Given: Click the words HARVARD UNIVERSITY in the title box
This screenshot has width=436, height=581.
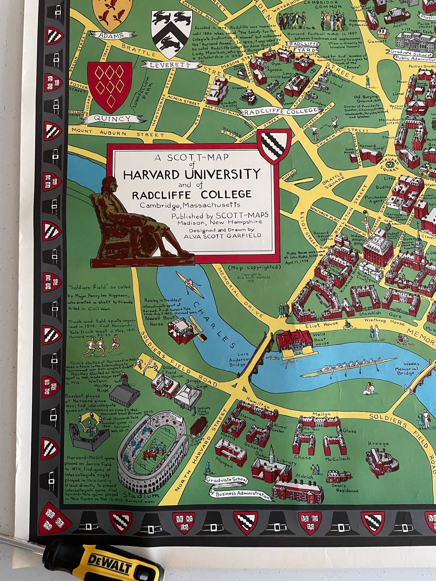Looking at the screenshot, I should click(192, 173).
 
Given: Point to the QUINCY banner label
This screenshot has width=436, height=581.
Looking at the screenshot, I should click(112, 119).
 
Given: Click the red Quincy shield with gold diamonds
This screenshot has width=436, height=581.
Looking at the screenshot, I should click(110, 87).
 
